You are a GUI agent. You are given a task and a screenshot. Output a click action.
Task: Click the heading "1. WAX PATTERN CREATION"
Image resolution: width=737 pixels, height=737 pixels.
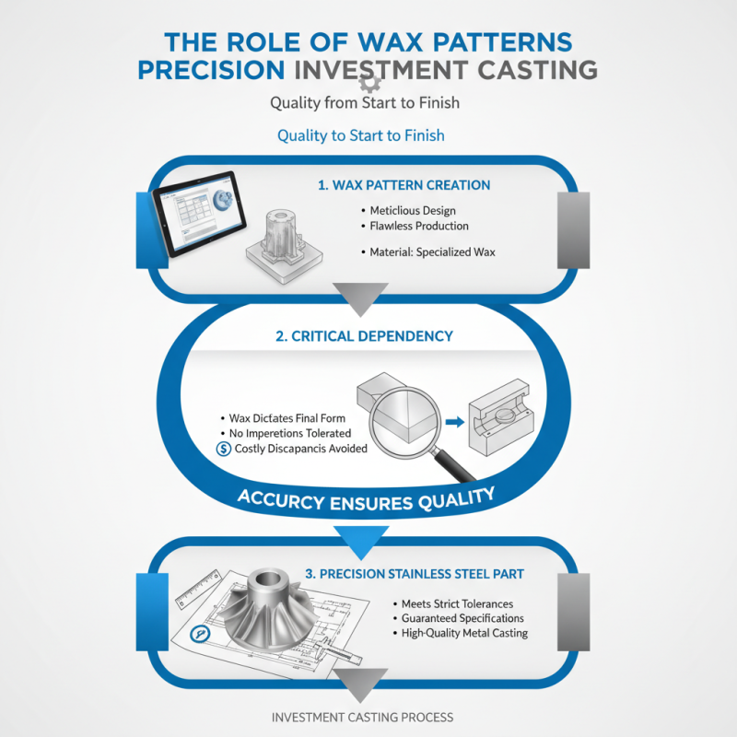(x=404, y=185)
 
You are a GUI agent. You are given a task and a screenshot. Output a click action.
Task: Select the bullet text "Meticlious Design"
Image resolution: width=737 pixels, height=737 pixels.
(x=413, y=211)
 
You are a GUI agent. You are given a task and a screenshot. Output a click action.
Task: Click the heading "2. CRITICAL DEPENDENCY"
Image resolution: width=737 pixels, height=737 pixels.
(x=365, y=336)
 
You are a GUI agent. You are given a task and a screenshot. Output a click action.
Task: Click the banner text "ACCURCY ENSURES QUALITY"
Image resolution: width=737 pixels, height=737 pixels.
(x=366, y=497)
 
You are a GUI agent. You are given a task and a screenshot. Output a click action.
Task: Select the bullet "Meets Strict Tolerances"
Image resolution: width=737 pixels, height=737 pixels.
(x=457, y=603)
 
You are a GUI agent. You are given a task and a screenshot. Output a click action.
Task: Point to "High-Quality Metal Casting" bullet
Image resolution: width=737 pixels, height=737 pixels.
(x=464, y=633)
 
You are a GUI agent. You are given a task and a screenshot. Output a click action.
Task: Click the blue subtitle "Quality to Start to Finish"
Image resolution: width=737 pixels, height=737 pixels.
(x=361, y=135)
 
